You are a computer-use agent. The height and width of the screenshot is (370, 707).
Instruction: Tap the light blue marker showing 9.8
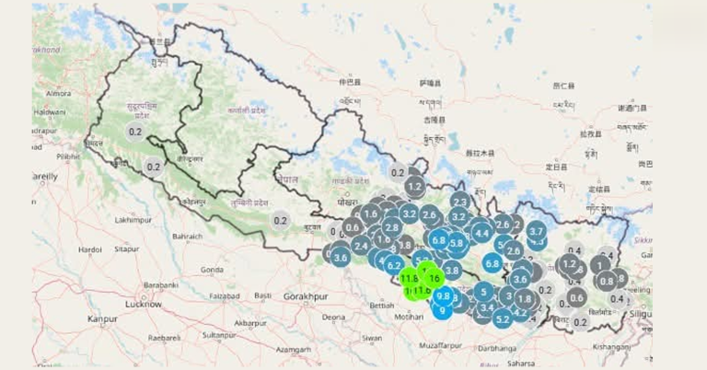(x=444, y=295)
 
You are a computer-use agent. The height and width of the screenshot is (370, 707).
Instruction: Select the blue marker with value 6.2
(x=394, y=266)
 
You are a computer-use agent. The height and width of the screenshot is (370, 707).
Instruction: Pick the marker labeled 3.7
(x=536, y=231)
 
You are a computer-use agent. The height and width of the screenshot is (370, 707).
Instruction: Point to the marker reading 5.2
(x=503, y=318)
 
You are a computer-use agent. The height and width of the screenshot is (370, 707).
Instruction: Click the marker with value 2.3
(x=460, y=202)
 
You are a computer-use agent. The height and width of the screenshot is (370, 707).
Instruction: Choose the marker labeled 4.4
(x=481, y=233)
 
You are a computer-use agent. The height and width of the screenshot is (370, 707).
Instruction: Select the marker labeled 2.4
(x=360, y=246)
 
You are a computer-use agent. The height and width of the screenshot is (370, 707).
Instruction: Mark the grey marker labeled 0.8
(x=606, y=281)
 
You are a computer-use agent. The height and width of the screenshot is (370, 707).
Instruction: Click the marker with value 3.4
(x=487, y=307)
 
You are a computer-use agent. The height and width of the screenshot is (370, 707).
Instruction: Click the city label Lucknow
(x=144, y=303)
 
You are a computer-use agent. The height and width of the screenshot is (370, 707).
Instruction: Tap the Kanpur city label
(x=102, y=318)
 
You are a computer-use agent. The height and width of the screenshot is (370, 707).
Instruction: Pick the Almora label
(x=58, y=93)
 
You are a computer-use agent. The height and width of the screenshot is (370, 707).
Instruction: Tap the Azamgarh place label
(x=293, y=350)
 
